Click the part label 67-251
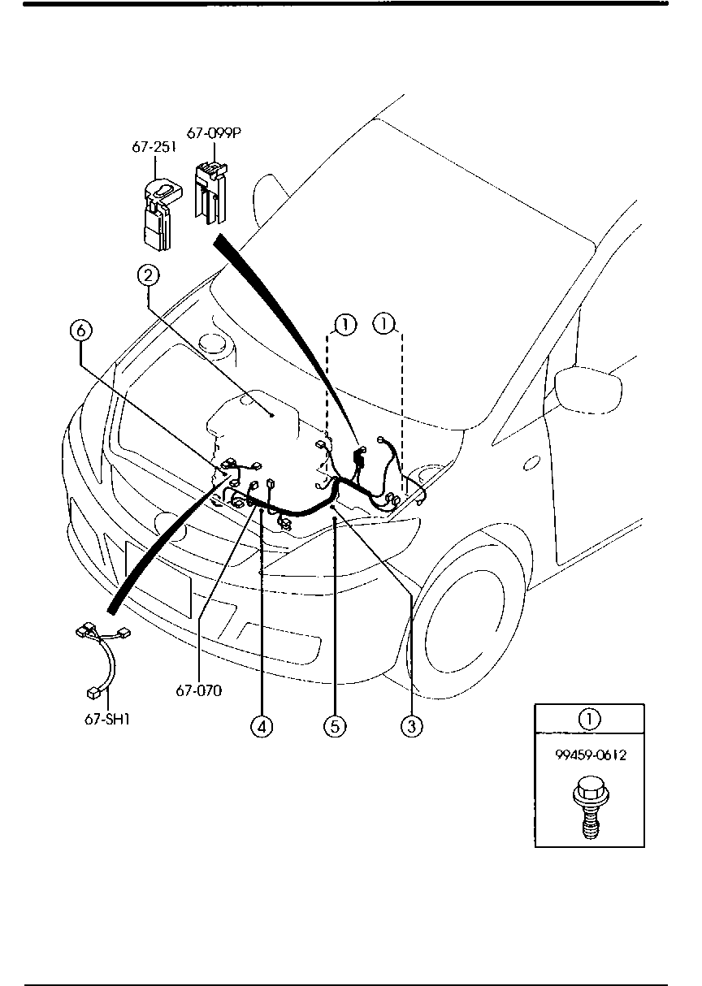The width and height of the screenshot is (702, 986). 154,148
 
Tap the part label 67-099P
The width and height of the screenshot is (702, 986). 214,132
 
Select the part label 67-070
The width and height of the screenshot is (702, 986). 199,691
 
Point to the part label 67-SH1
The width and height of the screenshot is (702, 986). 107,719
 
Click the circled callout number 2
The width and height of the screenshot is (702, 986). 147,277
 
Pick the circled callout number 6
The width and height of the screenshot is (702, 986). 81,331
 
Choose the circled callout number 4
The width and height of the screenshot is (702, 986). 261,726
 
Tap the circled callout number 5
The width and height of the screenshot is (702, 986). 335,726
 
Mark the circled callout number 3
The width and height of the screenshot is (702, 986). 411,726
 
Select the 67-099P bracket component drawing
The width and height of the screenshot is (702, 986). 210,192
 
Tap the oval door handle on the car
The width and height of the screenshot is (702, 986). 532,463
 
